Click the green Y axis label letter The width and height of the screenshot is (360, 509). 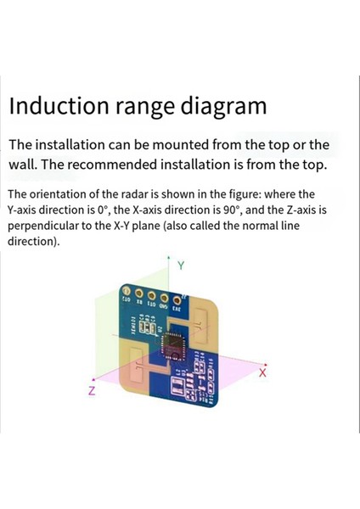coord(181,266)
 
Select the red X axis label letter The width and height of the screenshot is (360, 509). coord(263,372)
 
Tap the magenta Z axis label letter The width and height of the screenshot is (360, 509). coord(91,391)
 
